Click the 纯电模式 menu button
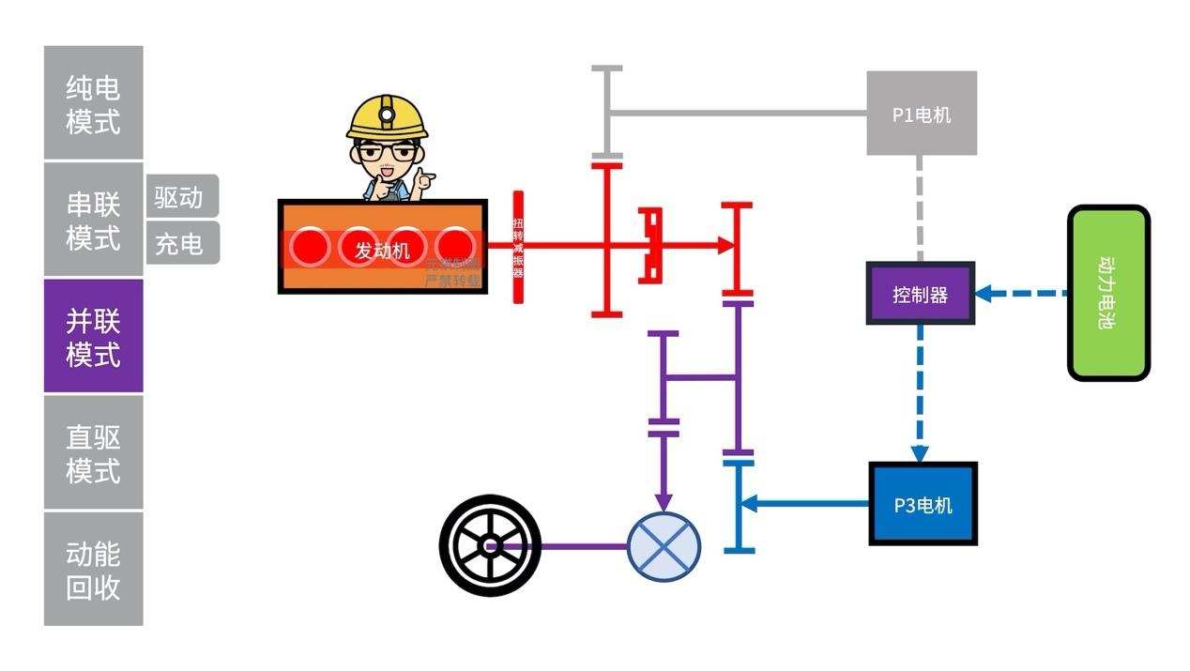[x=93, y=103]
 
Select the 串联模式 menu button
[x=93, y=220]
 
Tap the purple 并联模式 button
[x=93, y=336]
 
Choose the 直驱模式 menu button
[x=93, y=452]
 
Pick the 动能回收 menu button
[x=93, y=569]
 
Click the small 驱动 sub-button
[x=181, y=196]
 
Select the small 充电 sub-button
[x=181, y=243]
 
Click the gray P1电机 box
[x=921, y=114]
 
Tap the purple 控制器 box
[x=920, y=294]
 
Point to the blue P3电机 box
[x=923, y=504]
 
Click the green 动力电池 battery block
[x=1108, y=293]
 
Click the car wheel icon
[x=489, y=545]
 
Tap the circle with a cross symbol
[x=664, y=546]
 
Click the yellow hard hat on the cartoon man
[x=387, y=116]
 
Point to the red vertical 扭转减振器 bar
[x=517, y=248]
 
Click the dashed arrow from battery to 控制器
[x=1022, y=294]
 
